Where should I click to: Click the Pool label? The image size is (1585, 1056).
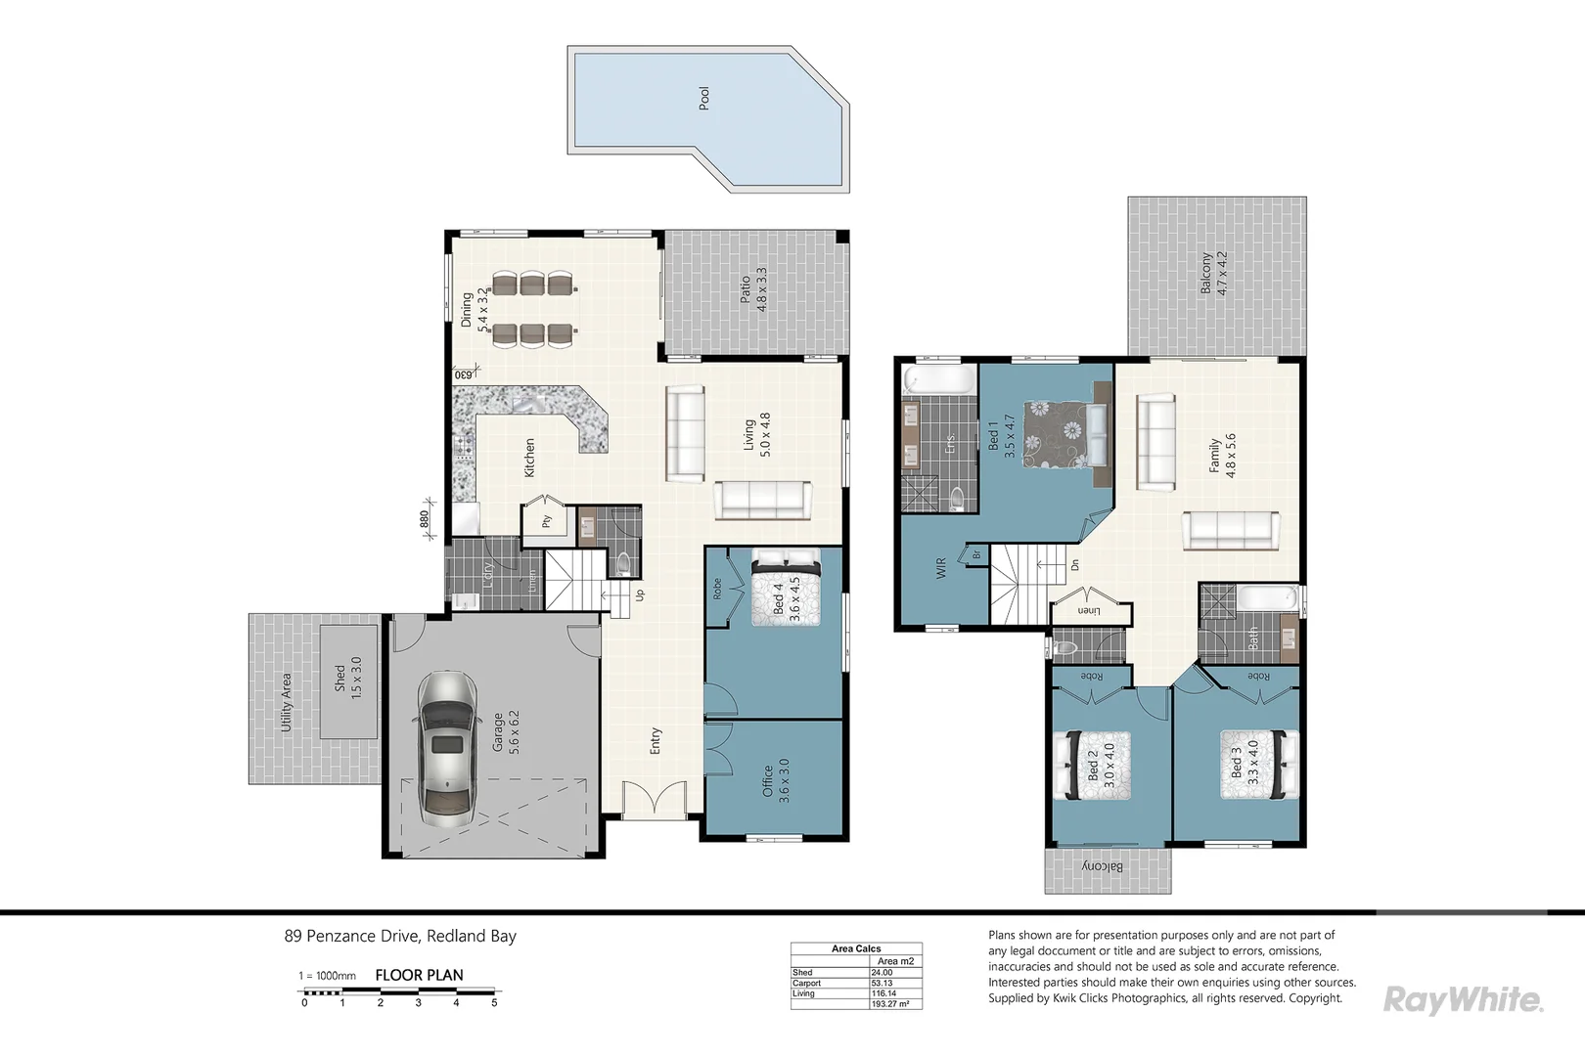703,98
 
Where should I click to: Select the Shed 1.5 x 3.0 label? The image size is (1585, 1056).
348,677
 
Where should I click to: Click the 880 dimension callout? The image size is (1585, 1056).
425,519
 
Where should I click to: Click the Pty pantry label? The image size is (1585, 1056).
546,521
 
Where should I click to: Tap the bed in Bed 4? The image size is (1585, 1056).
786,586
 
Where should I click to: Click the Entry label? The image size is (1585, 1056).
656,740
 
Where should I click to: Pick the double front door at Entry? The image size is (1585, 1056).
653,802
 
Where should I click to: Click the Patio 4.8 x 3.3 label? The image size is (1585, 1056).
753,289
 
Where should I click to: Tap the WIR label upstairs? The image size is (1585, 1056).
941,568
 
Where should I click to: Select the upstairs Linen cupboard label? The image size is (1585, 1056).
1088,610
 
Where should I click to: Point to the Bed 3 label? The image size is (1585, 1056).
1245,763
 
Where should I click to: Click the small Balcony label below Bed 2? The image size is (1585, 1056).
1103,867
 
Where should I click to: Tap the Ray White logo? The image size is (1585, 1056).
1463,999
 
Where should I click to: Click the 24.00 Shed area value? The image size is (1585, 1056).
882,972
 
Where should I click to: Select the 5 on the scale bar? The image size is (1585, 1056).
494,1002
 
